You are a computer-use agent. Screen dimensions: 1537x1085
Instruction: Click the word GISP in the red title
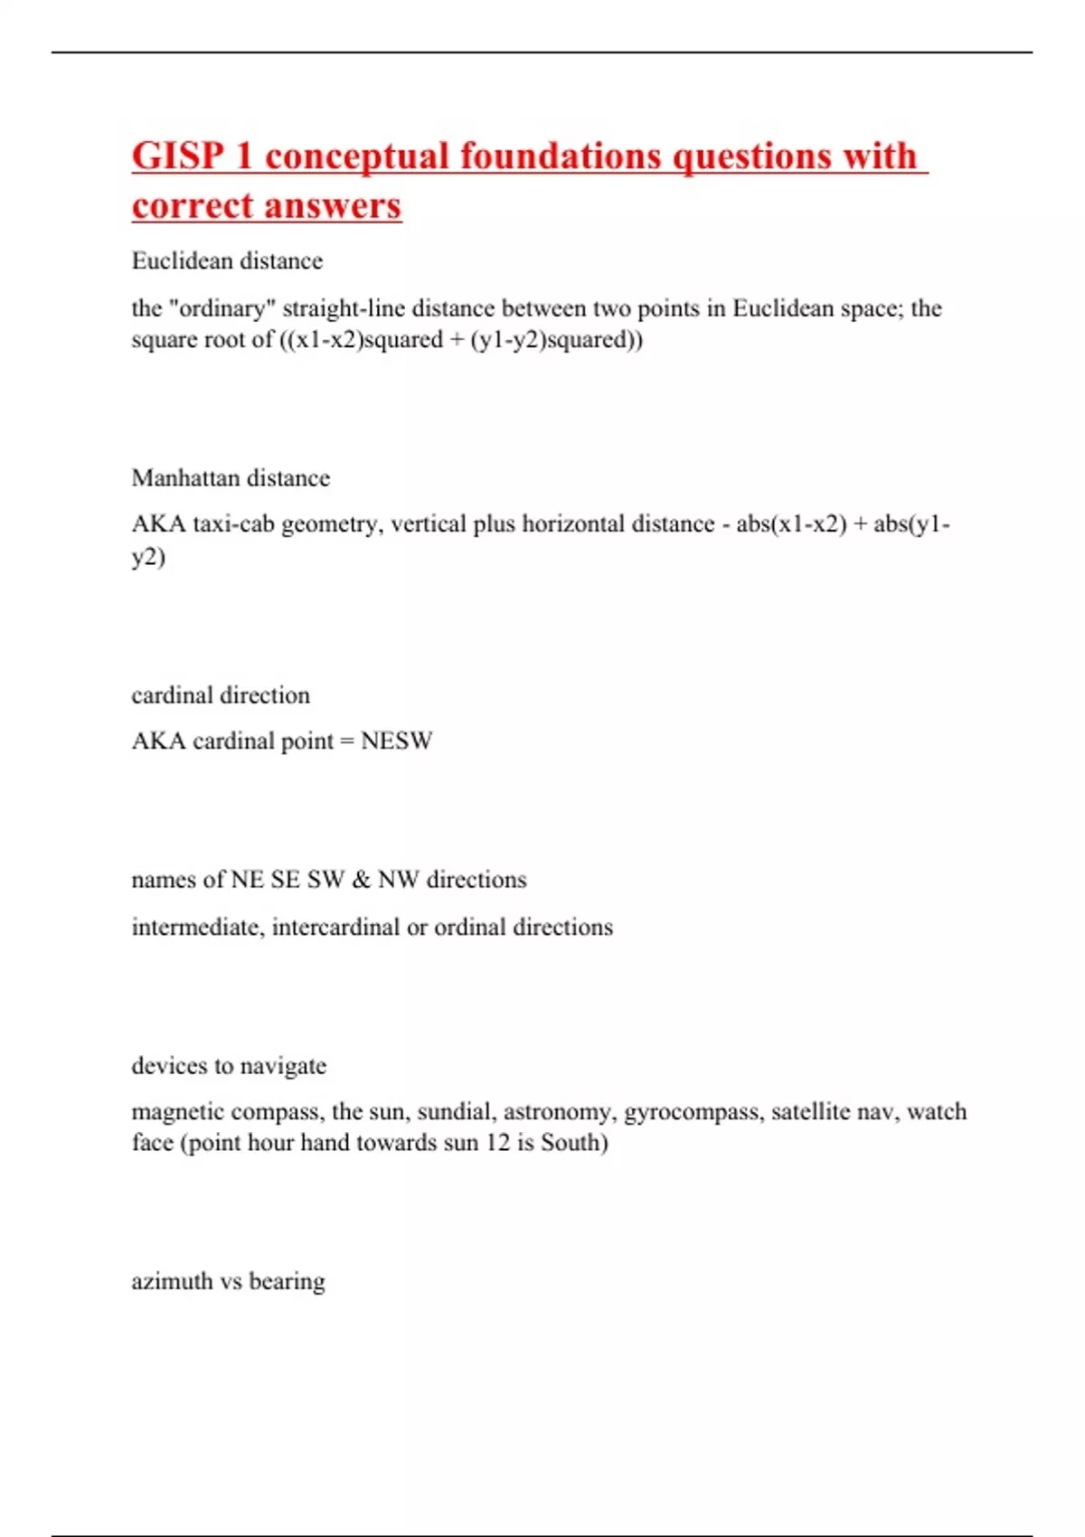177,156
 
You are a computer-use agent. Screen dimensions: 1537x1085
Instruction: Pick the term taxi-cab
233,524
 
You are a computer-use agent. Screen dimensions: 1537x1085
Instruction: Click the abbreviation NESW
397,741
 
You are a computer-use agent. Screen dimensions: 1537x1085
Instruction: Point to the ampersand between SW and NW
362,880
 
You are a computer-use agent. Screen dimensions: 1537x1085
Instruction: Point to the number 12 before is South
497,1143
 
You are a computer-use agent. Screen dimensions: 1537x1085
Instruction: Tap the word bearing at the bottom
287,1282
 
